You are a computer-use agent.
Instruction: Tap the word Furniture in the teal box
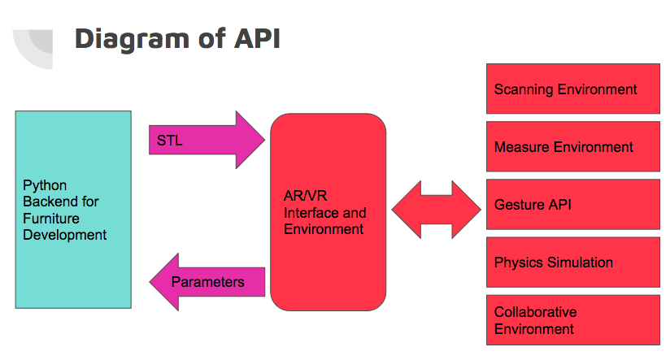click(x=51, y=219)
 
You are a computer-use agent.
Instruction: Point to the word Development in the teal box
click(x=65, y=235)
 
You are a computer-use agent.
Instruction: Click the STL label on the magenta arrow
click(x=170, y=141)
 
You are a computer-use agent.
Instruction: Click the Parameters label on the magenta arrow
click(x=207, y=282)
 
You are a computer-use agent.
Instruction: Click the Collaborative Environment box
click(x=572, y=320)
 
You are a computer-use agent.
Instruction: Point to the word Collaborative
click(x=535, y=312)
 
